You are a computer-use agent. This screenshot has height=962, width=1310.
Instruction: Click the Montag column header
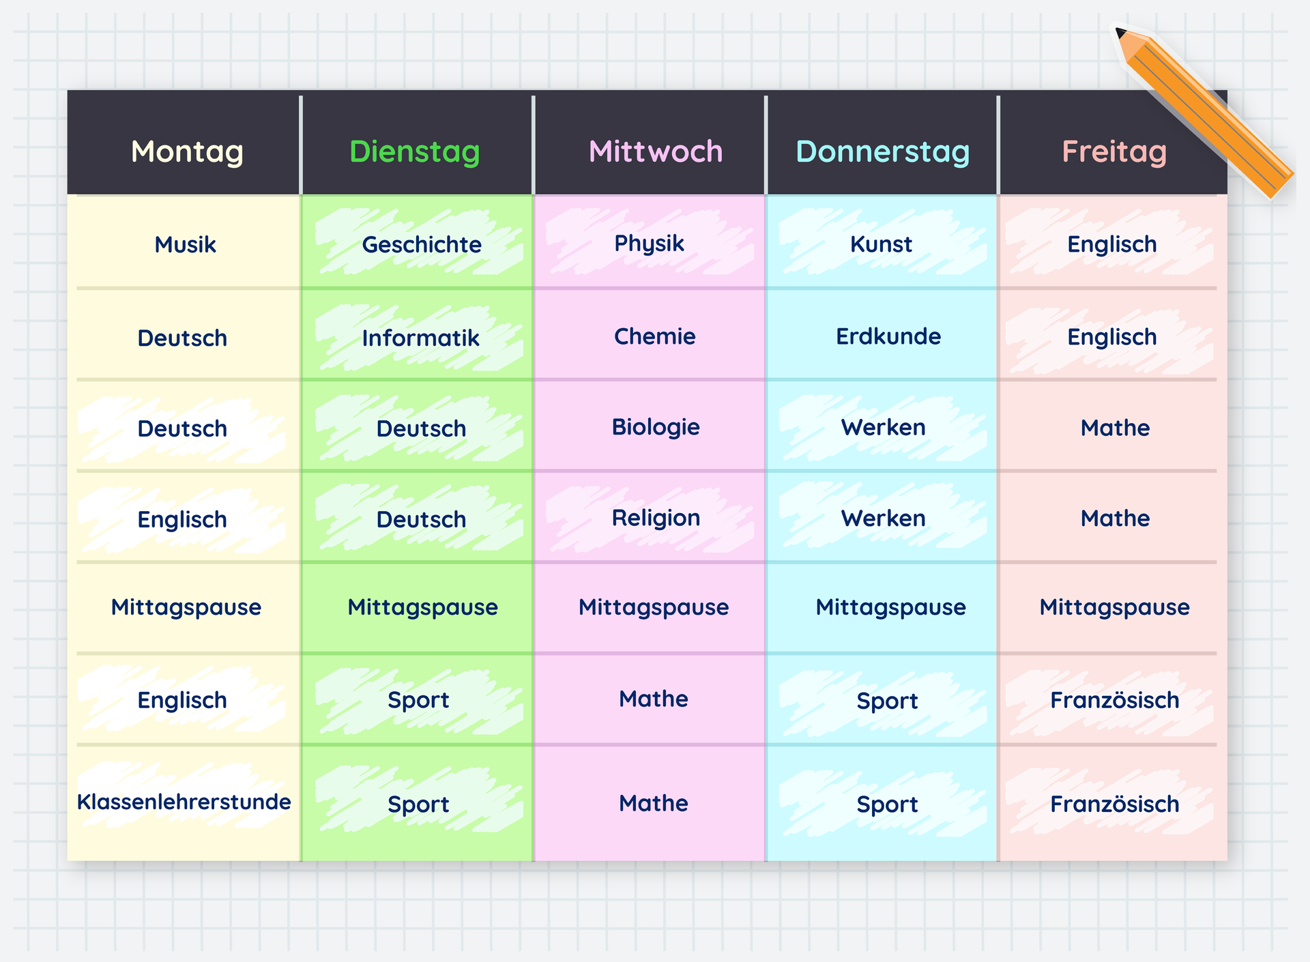(x=187, y=151)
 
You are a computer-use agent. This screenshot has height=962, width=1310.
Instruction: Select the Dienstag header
(x=415, y=151)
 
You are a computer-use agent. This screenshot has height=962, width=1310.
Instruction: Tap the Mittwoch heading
(x=655, y=151)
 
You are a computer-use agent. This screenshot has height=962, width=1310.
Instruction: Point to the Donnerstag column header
(x=882, y=151)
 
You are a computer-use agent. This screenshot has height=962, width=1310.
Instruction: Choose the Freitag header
(x=1114, y=151)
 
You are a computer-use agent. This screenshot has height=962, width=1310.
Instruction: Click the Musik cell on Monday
(x=185, y=244)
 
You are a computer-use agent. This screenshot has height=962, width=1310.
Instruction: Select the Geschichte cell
(x=422, y=244)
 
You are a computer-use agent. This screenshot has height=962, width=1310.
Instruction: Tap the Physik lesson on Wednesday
(x=649, y=244)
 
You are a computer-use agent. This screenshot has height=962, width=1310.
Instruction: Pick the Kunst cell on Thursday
(x=881, y=244)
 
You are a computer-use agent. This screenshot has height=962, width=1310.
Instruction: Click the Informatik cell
(x=420, y=338)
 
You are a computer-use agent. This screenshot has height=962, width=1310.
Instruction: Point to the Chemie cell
(x=654, y=336)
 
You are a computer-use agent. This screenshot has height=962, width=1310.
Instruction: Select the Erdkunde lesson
(x=888, y=336)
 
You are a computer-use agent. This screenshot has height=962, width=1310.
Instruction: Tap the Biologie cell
(x=656, y=427)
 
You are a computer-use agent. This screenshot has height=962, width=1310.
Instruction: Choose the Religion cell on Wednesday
(x=656, y=518)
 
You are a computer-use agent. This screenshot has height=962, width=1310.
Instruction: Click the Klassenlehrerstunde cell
(x=184, y=802)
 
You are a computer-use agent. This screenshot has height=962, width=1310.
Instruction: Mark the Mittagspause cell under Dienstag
(x=422, y=607)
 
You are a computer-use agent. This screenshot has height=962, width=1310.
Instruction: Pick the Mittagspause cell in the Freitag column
(x=1114, y=607)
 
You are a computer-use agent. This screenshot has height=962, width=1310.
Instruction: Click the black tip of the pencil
(x=1120, y=32)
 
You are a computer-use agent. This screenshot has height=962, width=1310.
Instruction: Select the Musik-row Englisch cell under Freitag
(x=1112, y=244)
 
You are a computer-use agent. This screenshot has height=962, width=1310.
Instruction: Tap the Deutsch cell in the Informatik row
(x=182, y=338)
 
